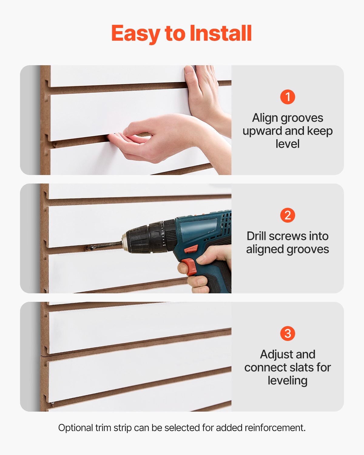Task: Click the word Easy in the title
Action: [136, 33]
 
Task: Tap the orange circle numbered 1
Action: [288, 97]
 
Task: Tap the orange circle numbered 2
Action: [288, 215]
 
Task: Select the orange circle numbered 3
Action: [288, 334]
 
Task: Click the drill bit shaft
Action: [109, 245]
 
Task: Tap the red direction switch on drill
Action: [191, 250]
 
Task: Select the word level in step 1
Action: [288, 144]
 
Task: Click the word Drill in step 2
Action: [256, 236]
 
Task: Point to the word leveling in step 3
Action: [288, 380]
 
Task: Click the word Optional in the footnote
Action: [76, 428]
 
